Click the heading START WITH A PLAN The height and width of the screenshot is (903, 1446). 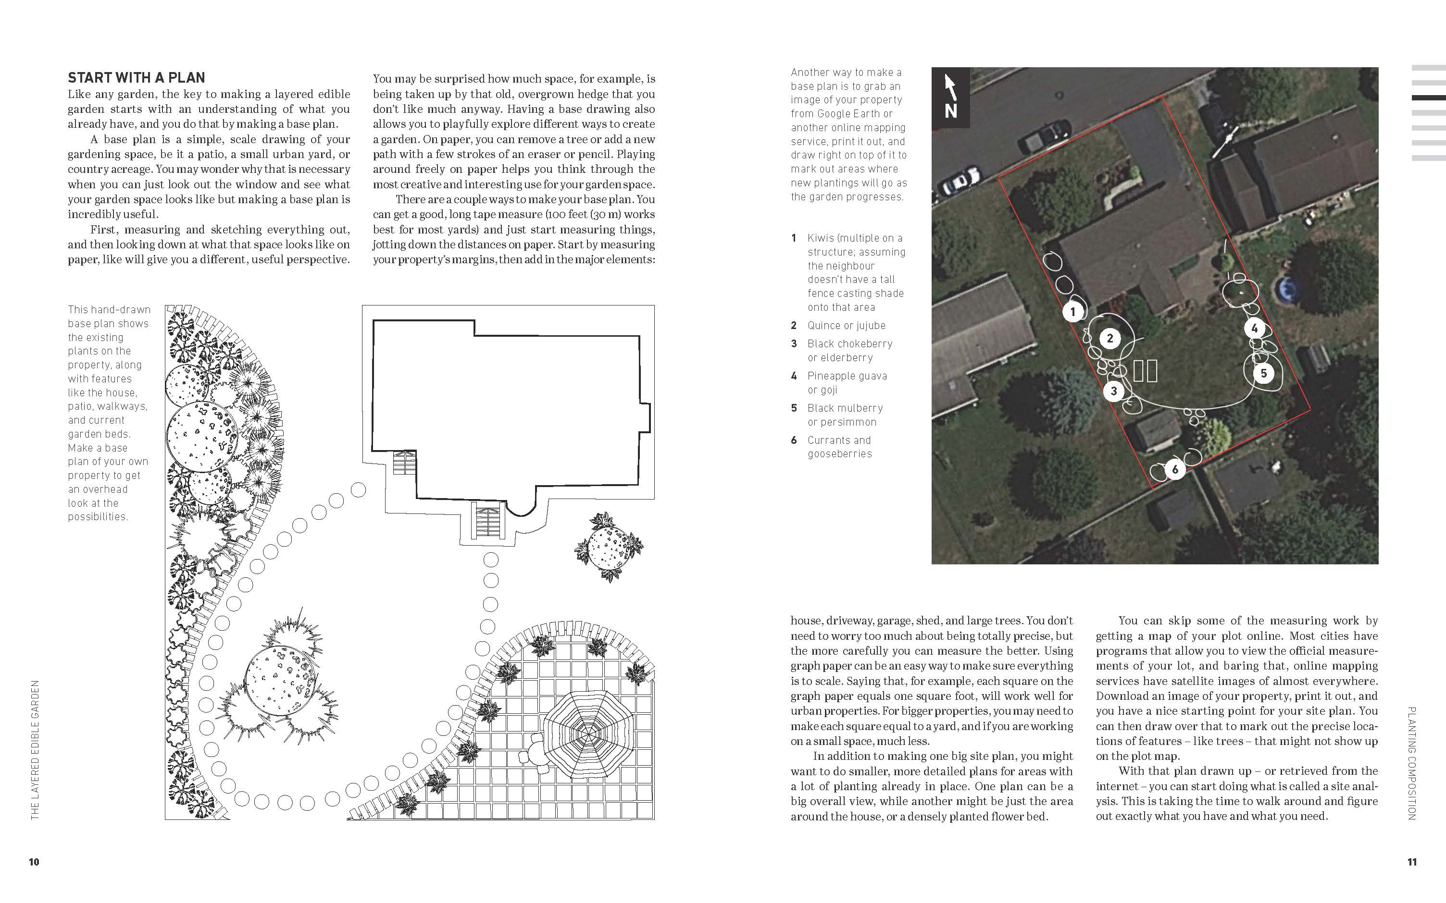pyautogui.click(x=136, y=78)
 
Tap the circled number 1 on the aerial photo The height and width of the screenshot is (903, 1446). pyautogui.click(x=1073, y=312)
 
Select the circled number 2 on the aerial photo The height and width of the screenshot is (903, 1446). pyautogui.click(x=1110, y=339)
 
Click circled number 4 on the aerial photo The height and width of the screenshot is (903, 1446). pyautogui.click(x=1254, y=329)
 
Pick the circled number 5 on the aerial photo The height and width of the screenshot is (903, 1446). pyautogui.click(x=1263, y=374)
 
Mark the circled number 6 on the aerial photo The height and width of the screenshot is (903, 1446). pyautogui.click(x=1175, y=469)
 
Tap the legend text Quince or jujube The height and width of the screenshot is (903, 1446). pyautogui.click(x=846, y=326)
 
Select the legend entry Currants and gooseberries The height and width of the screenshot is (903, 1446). pyautogui.click(x=839, y=447)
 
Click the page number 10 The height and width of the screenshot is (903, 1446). pyautogui.click(x=34, y=862)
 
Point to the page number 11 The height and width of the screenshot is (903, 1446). pyautogui.click(x=1412, y=862)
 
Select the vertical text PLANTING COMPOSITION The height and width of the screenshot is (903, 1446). pyautogui.click(x=1412, y=763)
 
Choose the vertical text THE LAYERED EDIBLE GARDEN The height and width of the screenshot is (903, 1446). pyautogui.click(x=35, y=749)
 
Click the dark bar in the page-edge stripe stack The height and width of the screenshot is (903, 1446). pyautogui.click(x=1428, y=98)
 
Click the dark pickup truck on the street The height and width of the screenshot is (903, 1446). pyautogui.click(x=1045, y=135)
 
